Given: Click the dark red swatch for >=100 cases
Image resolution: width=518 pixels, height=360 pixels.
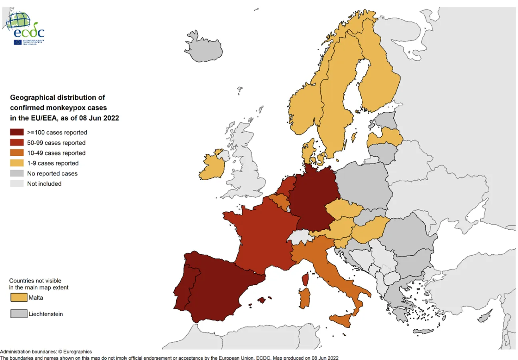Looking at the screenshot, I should tap(18, 133).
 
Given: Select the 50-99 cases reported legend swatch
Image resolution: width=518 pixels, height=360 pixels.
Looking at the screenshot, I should tap(18, 143).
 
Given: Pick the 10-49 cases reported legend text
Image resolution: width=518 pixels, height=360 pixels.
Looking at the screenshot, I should tap(56, 153).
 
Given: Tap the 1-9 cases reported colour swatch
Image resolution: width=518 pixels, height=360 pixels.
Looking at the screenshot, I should tap(18, 163).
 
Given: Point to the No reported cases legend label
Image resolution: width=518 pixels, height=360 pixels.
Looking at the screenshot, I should tap(52, 173).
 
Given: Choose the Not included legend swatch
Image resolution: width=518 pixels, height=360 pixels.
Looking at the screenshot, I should tap(18, 184).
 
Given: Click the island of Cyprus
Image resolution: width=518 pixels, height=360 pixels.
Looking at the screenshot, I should tap(484, 317).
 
